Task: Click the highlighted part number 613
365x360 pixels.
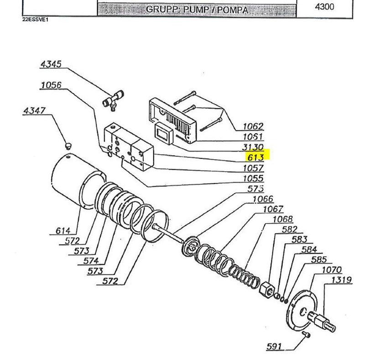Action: (x=255, y=158)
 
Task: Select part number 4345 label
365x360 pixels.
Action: (x=51, y=64)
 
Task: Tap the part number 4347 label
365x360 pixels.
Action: (x=35, y=110)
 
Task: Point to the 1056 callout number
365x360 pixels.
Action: (x=51, y=85)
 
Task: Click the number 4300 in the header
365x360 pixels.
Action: (x=324, y=7)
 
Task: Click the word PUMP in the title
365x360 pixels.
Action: (x=196, y=10)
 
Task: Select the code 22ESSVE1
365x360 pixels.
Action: (x=36, y=20)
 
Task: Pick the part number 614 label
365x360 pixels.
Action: (x=63, y=230)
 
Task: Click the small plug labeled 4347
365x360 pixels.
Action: (x=68, y=146)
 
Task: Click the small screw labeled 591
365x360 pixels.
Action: (x=307, y=334)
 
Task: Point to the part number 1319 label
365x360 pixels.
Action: (x=342, y=280)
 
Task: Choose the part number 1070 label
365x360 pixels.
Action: (x=332, y=270)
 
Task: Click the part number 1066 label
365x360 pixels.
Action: (x=263, y=199)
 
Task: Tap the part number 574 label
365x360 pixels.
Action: (x=91, y=261)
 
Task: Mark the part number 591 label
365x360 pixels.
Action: (x=274, y=346)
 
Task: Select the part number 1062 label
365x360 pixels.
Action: (x=253, y=126)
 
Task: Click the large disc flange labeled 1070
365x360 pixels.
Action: (x=302, y=310)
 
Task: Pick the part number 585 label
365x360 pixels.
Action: (x=319, y=260)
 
